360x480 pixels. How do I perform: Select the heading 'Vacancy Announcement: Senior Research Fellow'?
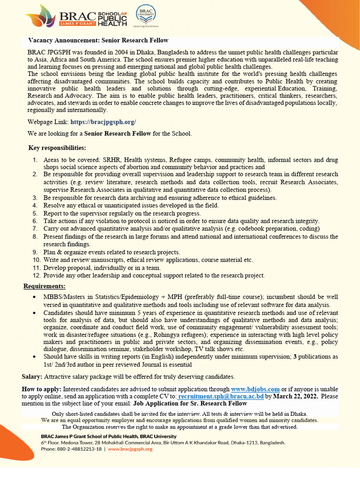pos(98,40)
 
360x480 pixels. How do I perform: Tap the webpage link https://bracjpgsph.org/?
pos(103,122)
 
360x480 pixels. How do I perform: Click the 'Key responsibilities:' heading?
pos(57,148)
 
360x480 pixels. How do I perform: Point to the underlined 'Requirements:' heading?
pos(45,286)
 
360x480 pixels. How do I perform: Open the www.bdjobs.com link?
pos(255,389)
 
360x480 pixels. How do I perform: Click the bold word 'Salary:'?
pos(32,376)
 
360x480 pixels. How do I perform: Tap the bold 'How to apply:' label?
pos(41,389)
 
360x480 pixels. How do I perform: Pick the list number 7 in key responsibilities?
pos(35,228)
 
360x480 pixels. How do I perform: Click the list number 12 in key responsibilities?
pos(36,275)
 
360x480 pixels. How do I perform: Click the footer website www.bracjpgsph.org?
pos(130,449)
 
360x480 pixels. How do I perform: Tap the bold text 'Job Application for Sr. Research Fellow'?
pos(190,403)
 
